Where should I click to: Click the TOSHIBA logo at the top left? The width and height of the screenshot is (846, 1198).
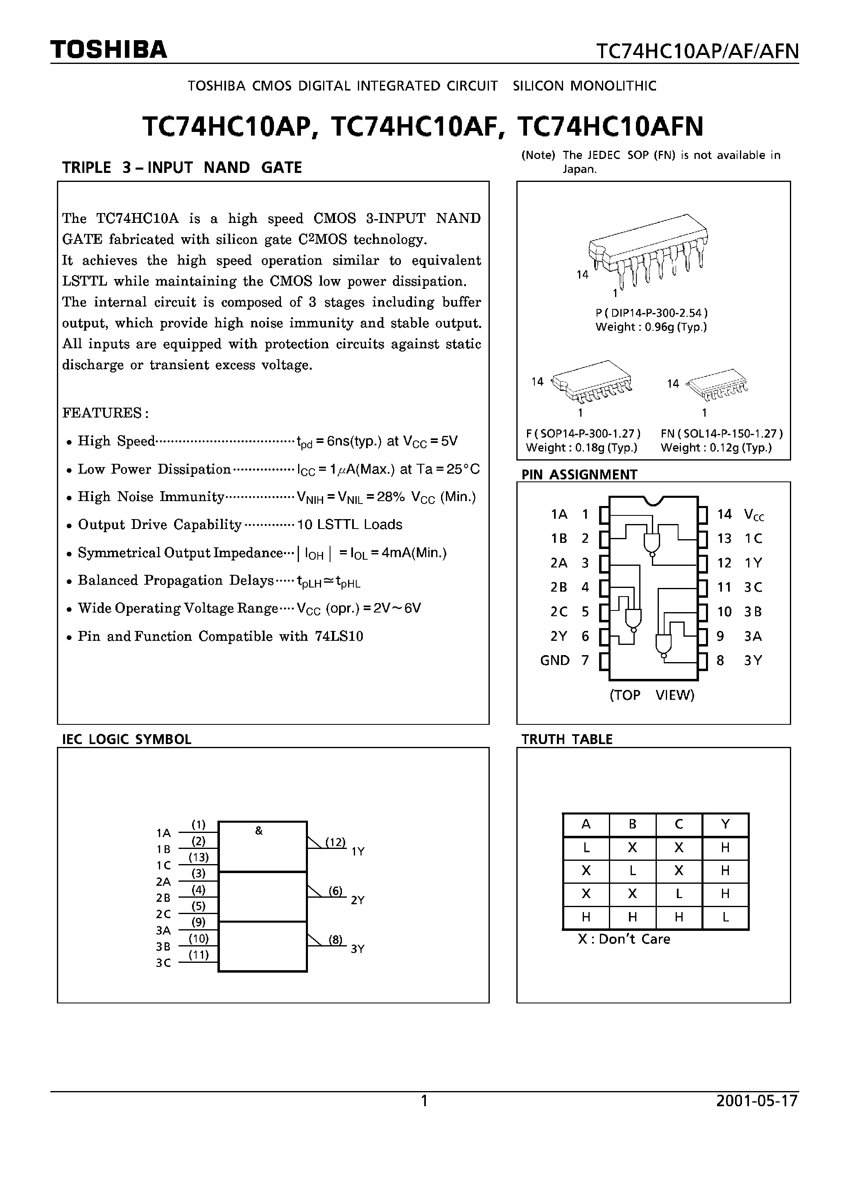point(109,50)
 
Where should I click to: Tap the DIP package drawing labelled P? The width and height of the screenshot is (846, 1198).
point(648,250)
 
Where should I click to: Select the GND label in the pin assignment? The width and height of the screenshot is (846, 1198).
point(554,660)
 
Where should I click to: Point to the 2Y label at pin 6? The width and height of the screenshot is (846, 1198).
point(559,636)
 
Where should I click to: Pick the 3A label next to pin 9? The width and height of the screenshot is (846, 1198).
point(753,636)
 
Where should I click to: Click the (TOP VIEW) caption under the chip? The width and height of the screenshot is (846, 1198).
point(652,695)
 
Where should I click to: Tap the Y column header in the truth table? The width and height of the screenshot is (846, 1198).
point(725,824)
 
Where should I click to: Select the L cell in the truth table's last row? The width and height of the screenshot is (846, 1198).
point(725,917)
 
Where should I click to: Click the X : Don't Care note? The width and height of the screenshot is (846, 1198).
point(624,939)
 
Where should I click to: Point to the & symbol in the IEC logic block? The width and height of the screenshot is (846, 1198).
point(259,831)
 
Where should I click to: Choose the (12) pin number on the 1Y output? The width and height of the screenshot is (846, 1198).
point(335,842)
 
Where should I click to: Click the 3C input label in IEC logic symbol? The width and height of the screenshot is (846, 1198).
point(163,963)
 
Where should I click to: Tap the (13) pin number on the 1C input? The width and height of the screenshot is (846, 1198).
point(198,857)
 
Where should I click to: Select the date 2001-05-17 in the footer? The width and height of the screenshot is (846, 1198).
point(757,1101)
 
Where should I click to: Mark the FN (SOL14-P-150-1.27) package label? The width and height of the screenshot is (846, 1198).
point(722,433)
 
